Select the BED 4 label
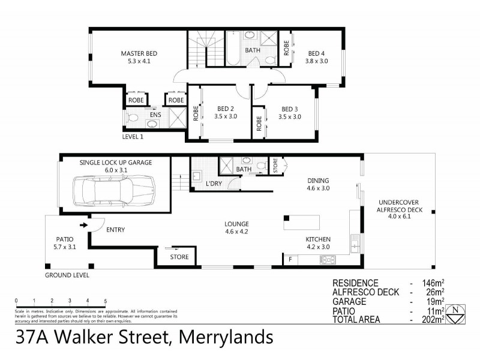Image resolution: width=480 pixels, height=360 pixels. point(317,52)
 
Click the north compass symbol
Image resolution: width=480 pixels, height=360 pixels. point(458,313)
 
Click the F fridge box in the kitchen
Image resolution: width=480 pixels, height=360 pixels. point(291,259)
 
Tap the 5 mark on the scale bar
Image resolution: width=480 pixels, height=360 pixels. point(106,300)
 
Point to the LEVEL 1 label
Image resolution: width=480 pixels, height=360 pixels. point(133,137)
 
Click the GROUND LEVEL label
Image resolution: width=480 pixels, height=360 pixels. point(67,275)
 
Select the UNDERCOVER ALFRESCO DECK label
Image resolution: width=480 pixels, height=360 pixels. point(399,206)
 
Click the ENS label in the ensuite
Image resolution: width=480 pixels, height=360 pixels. point(155,114)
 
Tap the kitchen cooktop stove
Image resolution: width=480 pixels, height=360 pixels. point(328,259)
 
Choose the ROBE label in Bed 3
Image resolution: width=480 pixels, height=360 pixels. point(259,123)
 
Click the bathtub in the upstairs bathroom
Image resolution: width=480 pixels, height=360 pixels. point(232,49)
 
